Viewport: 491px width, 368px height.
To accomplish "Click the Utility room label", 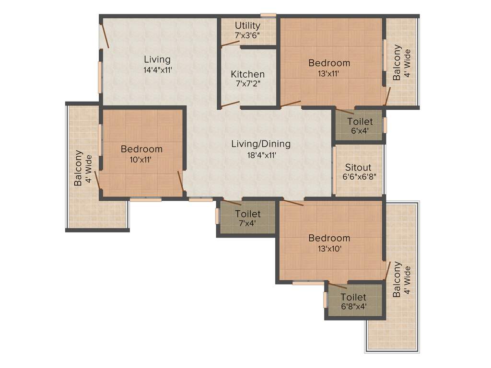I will (247, 25).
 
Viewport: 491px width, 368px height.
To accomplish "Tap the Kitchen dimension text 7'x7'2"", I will (247, 84).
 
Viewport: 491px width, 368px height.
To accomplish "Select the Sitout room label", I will (358, 167).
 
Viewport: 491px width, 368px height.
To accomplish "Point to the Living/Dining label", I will (261, 144).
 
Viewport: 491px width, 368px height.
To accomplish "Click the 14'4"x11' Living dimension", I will (157, 69).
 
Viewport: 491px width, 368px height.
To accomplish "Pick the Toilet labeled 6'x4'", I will (360, 122).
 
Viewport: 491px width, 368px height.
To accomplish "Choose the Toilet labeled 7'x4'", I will (247, 214).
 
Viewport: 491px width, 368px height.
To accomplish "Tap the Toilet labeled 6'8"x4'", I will (353, 298).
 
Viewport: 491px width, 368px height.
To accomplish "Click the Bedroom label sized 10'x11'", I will (141, 149).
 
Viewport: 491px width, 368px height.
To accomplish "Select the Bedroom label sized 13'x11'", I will (329, 63).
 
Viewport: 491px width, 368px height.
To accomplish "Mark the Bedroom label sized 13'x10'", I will (329, 238).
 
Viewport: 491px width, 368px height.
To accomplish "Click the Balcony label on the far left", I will (78, 168).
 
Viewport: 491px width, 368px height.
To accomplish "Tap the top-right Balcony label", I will (397, 63).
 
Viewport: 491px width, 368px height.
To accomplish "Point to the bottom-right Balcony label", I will (397, 282).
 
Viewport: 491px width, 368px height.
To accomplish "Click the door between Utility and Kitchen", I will (231, 44).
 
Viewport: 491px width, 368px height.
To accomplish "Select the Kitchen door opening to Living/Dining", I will (230, 104).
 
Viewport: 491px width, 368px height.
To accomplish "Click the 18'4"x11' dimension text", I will (261, 154).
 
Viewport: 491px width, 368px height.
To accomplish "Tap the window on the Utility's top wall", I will (269, 15).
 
